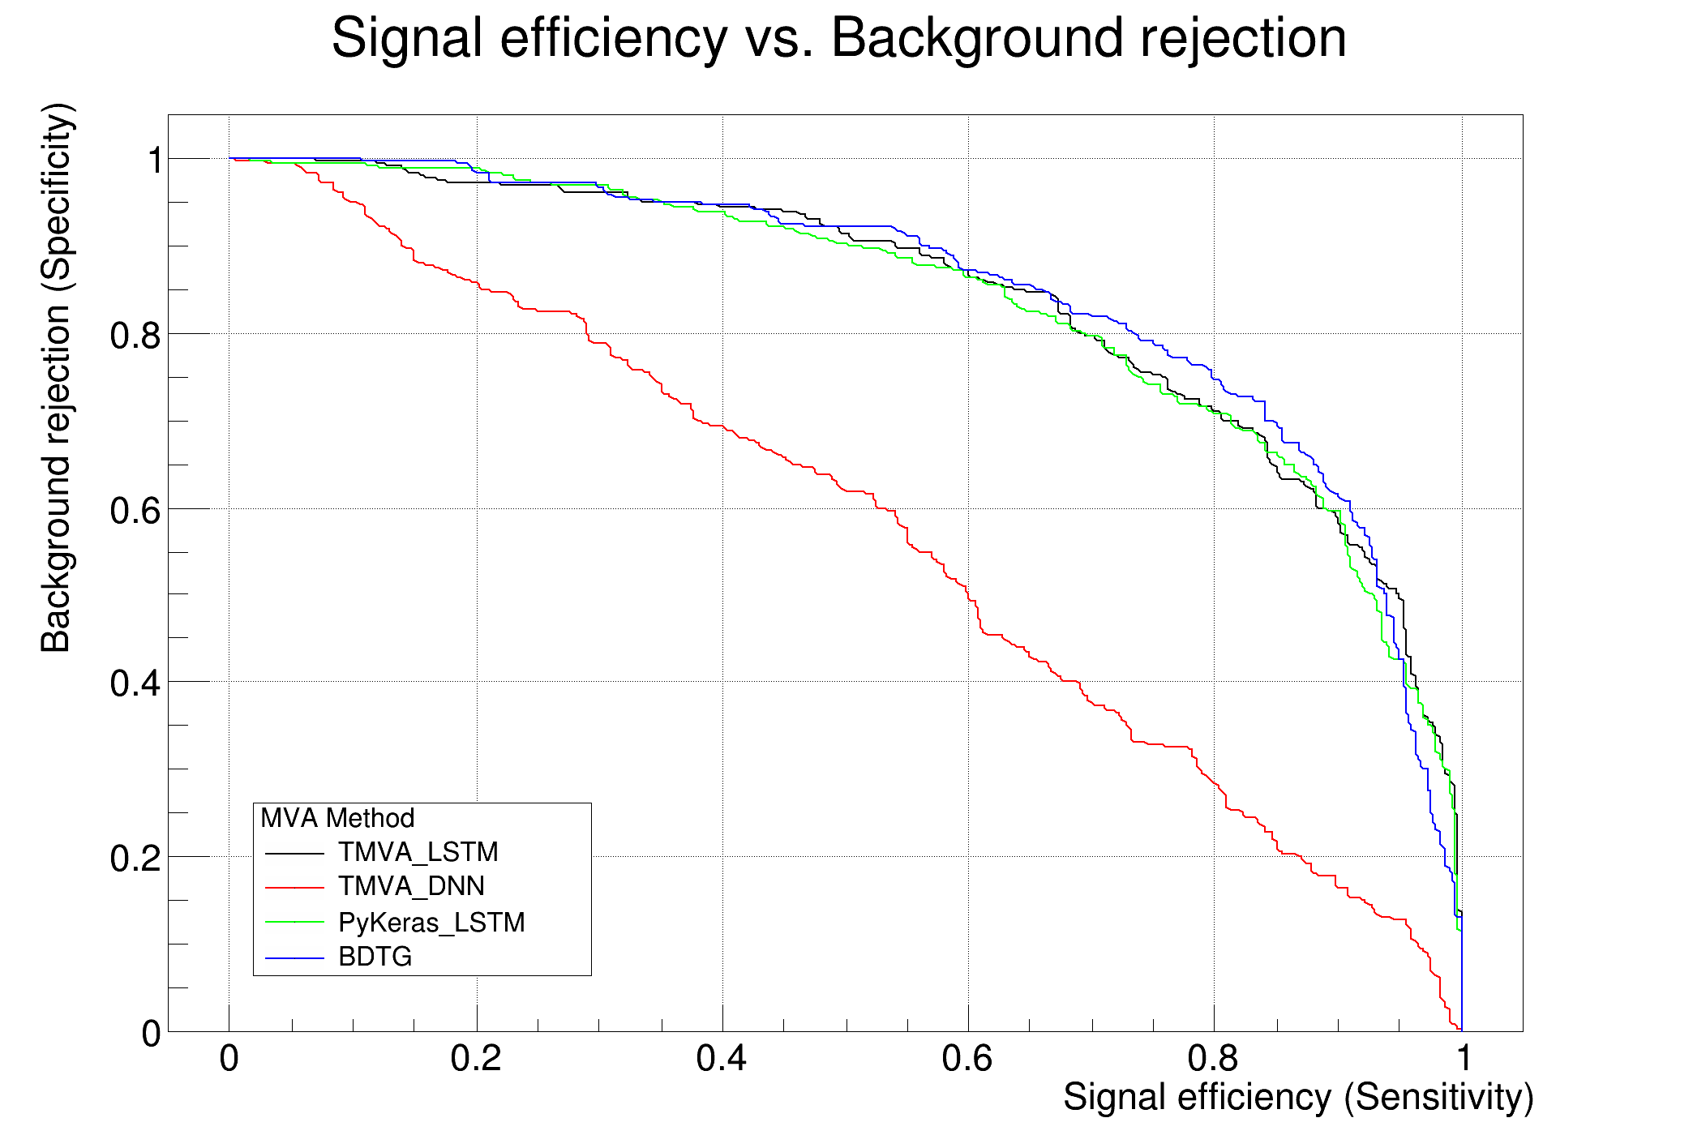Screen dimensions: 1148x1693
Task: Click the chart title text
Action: click(838, 38)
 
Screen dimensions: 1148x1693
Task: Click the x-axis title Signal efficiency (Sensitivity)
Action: click(1297, 1098)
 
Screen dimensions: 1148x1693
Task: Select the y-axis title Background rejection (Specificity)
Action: click(57, 378)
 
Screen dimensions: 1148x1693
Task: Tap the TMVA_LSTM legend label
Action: click(418, 852)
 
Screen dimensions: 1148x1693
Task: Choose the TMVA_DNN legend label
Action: click(411, 886)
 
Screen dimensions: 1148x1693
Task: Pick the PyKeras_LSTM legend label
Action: click(431, 923)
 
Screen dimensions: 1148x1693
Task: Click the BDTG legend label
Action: click(375, 957)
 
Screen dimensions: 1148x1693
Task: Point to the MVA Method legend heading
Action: click(337, 818)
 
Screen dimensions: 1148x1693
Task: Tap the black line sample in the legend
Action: click(294, 854)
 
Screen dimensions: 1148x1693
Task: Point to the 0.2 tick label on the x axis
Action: click(476, 1059)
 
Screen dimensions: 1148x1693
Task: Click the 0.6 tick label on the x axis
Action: click(967, 1059)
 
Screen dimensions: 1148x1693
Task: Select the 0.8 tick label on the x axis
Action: click(1213, 1059)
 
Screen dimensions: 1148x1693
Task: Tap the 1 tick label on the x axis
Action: click(1463, 1059)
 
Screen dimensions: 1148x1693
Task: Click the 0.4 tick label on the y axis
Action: click(135, 683)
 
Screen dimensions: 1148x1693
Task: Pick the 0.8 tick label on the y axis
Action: click(135, 335)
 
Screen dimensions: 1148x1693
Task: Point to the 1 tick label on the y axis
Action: click(154, 161)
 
